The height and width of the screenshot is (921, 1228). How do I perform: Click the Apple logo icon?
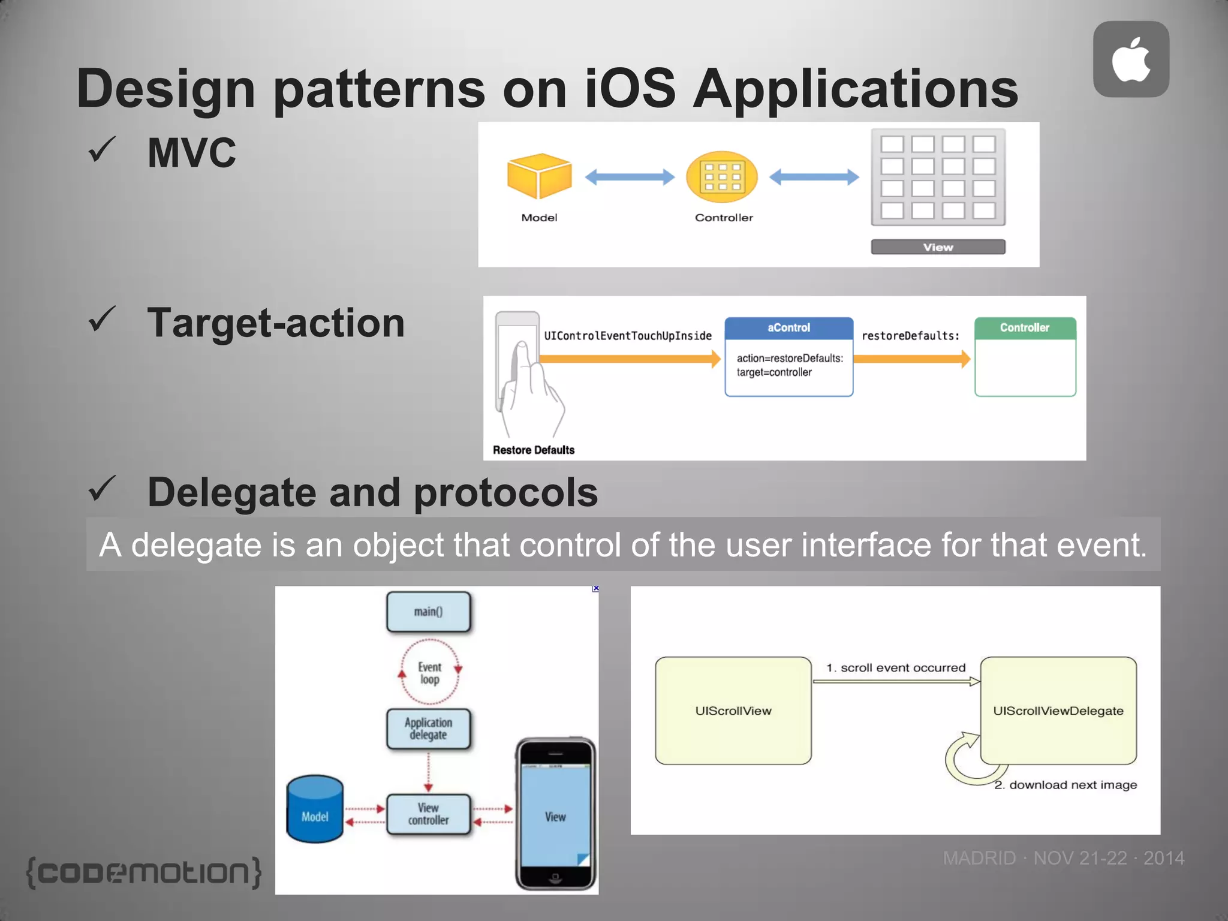click(1131, 59)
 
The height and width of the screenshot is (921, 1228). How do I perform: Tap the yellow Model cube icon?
click(539, 176)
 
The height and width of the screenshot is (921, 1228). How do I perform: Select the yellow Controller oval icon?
click(722, 177)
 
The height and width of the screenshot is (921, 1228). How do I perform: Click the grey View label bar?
click(938, 247)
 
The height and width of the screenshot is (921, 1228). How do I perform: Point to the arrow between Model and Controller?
click(630, 177)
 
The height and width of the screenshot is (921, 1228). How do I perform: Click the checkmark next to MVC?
click(102, 150)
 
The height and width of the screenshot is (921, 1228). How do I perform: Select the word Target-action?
click(276, 323)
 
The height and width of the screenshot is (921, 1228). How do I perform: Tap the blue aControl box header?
click(788, 328)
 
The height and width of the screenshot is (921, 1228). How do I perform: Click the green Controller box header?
click(1025, 328)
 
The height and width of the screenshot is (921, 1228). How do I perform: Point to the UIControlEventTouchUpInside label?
click(627, 336)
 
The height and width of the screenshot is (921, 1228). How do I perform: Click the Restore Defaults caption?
click(533, 450)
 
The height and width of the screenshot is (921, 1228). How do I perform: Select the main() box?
click(428, 612)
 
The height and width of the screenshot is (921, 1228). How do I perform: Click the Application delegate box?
click(428, 729)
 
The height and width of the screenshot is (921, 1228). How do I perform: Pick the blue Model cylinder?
click(315, 809)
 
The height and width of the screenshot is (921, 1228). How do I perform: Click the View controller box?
click(428, 814)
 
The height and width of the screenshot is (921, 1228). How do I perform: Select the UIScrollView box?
click(733, 711)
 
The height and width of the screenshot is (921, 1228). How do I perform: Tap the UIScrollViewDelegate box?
click(1058, 711)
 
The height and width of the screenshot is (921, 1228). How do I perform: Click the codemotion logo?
click(144, 872)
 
